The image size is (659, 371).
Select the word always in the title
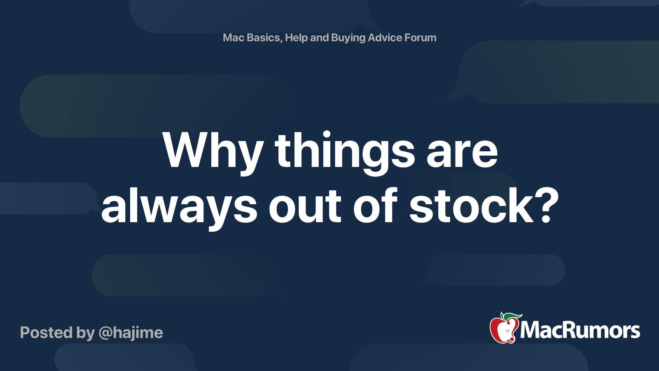[x=180, y=208]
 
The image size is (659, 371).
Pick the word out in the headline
[x=305, y=208]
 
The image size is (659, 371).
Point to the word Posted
[x=47, y=333]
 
